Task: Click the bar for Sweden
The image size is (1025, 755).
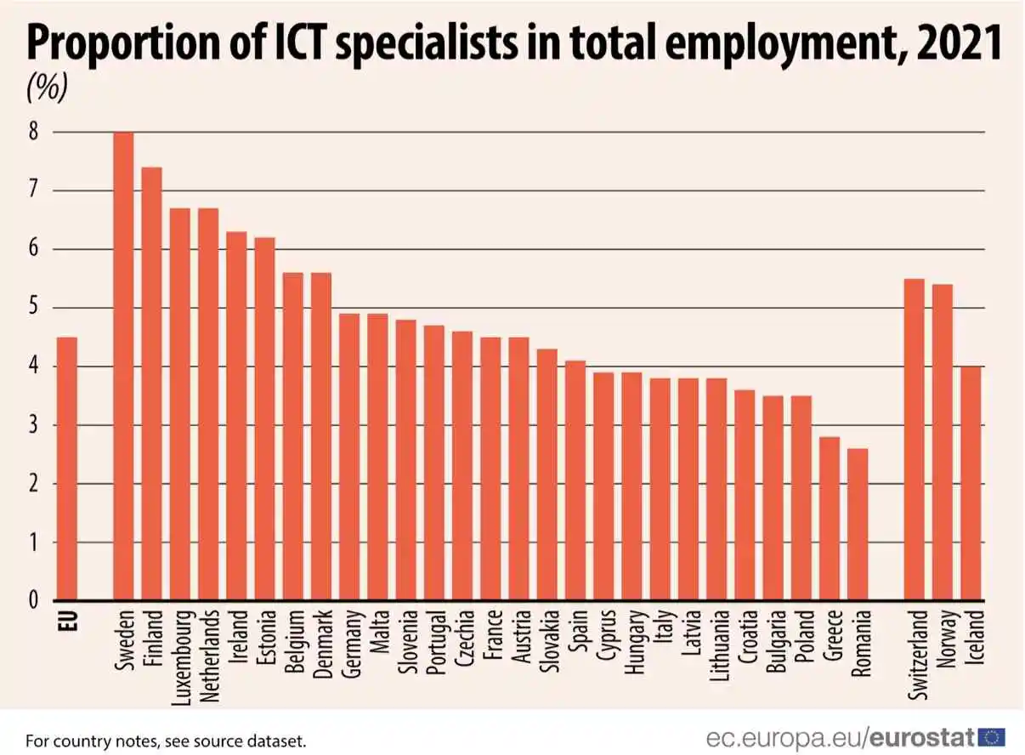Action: [x=124, y=366]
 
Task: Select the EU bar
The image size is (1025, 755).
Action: [x=67, y=469]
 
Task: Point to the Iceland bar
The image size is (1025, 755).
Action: [x=971, y=484]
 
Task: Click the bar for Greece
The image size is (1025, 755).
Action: [x=830, y=519]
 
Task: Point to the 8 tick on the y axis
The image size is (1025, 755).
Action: [x=34, y=133]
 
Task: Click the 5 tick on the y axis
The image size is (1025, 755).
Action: [x=34, y=309]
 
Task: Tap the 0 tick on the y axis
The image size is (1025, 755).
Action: [x=34, y=601]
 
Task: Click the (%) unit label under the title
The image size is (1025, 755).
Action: [x=48, y=88]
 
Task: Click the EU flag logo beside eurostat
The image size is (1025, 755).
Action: [x=991, y=736]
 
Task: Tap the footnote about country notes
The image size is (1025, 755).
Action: [x=166, y=741]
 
